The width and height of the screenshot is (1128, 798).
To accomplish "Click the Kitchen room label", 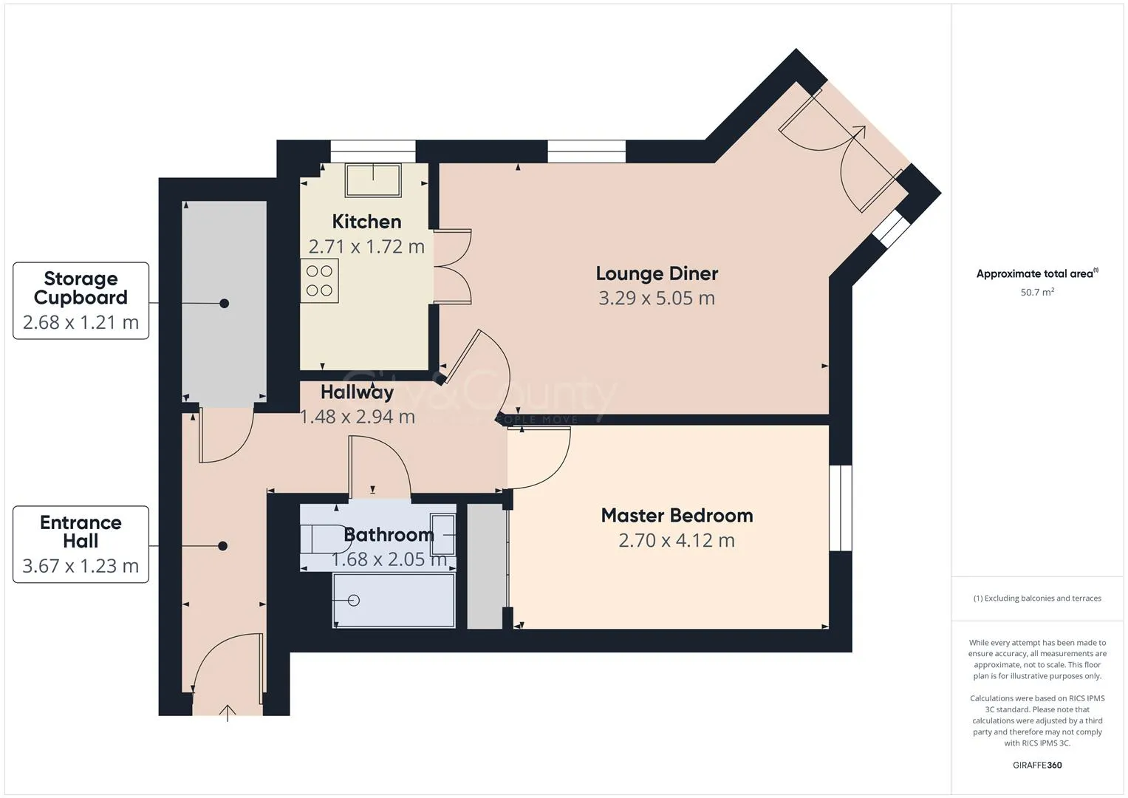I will click(x=366, y=222).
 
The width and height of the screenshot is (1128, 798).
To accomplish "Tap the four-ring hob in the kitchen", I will click(x=319, y=281).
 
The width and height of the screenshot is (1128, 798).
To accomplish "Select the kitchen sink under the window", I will click(x=373, y=180).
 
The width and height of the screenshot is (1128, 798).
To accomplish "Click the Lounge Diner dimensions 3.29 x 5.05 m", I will click(x=656, y=299).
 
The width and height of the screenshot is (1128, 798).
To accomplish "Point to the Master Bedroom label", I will click(x=677, y=516).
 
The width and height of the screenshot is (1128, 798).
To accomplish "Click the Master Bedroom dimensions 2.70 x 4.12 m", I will click(x=677, y=541).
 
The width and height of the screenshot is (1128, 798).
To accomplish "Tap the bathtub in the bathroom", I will click(x=394, y=601).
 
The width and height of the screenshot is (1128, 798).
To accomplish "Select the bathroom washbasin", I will click(x=443, y=534).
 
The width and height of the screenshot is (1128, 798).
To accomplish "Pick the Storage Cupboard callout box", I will click(x=81, y=301).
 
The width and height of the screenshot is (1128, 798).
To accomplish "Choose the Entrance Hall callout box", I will click(x=81, y=545).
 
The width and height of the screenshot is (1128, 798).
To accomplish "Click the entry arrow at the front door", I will click(x=228, y=713).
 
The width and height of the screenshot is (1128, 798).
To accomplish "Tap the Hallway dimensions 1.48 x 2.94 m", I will click(x=357, y=417).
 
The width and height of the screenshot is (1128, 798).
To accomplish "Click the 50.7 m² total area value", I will click(x=1037, y=293).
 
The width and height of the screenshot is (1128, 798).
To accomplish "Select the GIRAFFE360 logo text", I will click(x=1037, y=765).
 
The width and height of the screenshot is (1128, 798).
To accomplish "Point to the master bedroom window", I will click(x=840, y=508).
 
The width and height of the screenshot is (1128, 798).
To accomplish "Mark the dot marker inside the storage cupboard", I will click(x=225, y=304).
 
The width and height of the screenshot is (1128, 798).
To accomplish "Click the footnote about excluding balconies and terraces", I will click(x=1037, y=598).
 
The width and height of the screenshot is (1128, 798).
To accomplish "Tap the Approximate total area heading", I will click(x=1036, y=274).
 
